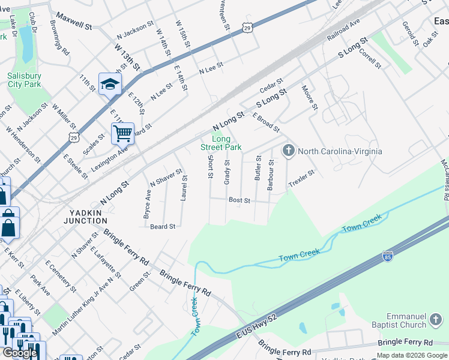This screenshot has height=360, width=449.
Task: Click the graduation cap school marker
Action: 110,85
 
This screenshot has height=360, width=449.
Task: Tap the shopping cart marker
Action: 122,133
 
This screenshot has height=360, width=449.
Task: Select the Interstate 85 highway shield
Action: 388,257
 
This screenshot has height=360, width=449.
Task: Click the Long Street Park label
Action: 221,143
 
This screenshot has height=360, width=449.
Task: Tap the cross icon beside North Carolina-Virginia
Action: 289,150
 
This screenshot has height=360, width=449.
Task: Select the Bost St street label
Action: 239,200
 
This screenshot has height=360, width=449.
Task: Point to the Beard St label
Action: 162,226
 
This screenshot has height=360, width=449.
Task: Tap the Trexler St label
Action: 301,179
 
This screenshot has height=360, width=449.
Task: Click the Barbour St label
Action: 271,175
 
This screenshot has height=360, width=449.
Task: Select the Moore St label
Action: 310,97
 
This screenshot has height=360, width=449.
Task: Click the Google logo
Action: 20,353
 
